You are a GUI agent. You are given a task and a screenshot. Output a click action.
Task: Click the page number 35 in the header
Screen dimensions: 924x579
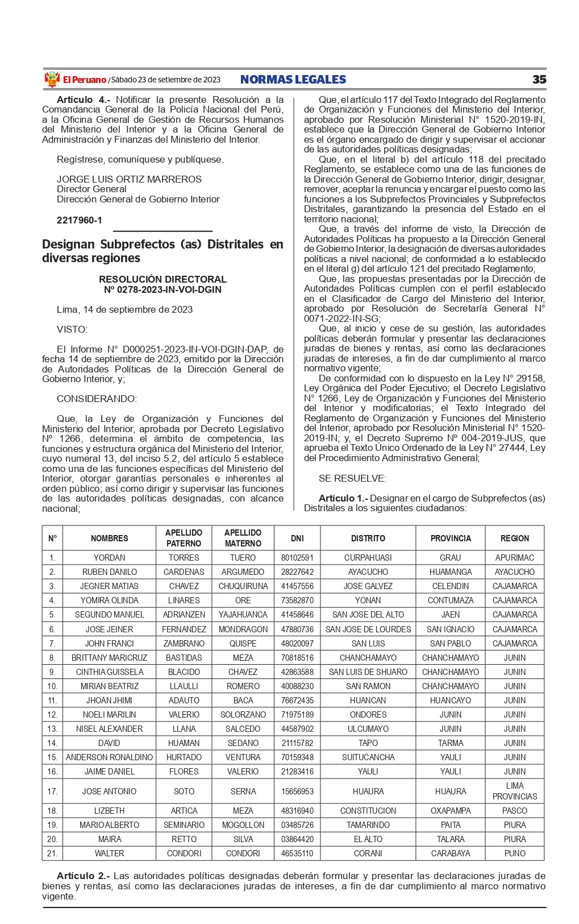pos(539,80)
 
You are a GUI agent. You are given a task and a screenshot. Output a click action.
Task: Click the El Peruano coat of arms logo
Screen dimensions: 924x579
pos(52,80)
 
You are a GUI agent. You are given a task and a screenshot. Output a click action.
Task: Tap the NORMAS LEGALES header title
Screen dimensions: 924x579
pos(293,80)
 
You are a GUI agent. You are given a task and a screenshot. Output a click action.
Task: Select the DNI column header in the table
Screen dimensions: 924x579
pos(297,538)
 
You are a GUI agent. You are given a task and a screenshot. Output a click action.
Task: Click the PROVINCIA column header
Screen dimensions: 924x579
pos(451,538)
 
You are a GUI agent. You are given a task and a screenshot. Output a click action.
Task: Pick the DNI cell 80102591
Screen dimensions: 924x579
pos(297,558)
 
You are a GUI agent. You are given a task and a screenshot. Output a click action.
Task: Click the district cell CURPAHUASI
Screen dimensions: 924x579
pos(368,558)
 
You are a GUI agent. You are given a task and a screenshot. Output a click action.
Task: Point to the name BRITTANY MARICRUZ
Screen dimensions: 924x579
pos(109,658)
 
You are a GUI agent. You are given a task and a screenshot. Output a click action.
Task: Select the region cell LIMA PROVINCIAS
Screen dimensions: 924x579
pos(514,791)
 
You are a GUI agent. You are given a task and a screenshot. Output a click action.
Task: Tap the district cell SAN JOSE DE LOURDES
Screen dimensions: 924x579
pos(368,629)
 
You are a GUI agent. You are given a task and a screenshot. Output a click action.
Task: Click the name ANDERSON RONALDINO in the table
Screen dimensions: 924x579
pos(109,757)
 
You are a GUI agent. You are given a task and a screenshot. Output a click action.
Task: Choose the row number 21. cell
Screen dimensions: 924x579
pos(52,853)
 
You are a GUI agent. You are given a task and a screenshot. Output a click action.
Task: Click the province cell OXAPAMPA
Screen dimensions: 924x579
pos(451,811)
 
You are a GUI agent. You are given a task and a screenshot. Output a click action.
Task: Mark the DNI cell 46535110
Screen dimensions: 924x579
pos(297,853)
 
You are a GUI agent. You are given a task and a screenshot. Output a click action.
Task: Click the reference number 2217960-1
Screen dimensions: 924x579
pos(80,220)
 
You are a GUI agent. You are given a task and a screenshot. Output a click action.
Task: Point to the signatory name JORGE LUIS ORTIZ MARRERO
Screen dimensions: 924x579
pos(129,179)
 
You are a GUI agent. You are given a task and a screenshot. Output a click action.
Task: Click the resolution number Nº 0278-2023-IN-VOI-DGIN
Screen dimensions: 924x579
pos(163,289)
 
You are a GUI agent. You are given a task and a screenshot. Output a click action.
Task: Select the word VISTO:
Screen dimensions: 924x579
pos(72,329)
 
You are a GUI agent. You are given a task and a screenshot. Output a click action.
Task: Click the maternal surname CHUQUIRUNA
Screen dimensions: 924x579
pos(243,586)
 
